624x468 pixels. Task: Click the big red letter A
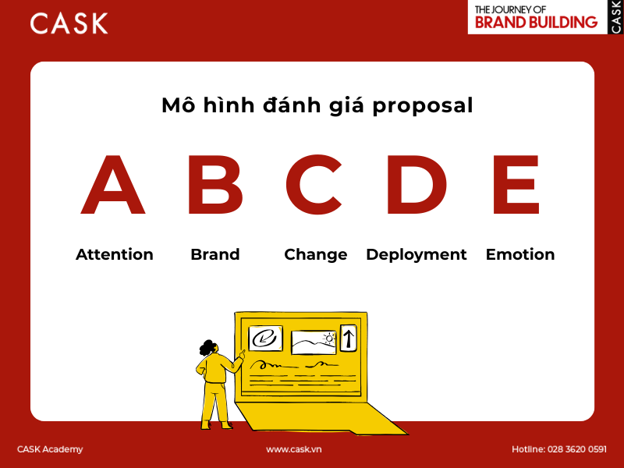(x=113, y=187)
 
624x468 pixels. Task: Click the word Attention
(x=115, y=254)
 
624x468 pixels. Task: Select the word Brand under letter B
(x=214, y=254)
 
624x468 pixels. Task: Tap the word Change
(x=315, y=255)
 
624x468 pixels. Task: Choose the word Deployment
(x=416, y=255)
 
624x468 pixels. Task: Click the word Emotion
(x=520, y=254)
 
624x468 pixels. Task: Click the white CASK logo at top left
(x=69, y=23)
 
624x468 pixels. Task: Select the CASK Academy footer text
(x=50, y=449)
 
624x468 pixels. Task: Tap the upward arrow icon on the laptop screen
(x=348, y=338)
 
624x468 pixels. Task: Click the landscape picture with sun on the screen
(x=313, y=342)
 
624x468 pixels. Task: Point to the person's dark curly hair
(x=208, y=347)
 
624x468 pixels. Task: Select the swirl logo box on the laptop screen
(x=265, y=339)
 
